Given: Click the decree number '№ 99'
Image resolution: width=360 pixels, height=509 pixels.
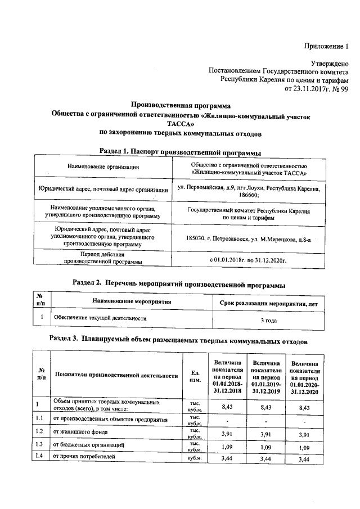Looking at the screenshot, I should pos(343,88).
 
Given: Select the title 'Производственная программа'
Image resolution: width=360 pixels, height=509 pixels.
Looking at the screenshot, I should pos(181,105).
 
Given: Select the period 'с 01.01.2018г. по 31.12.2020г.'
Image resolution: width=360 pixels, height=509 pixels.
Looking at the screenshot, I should pos(248,260).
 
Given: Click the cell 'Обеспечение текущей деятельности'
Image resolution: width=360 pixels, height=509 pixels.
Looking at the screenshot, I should pos(100,318).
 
